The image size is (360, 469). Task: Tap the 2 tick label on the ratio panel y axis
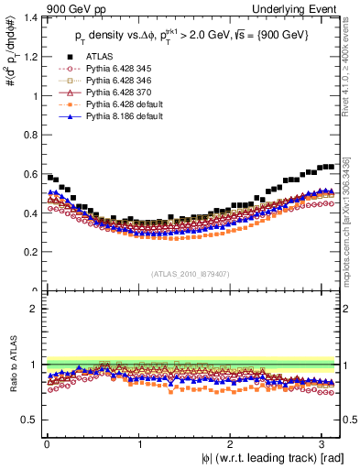click(34, 309)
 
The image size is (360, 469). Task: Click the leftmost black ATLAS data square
click(49, 177)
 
